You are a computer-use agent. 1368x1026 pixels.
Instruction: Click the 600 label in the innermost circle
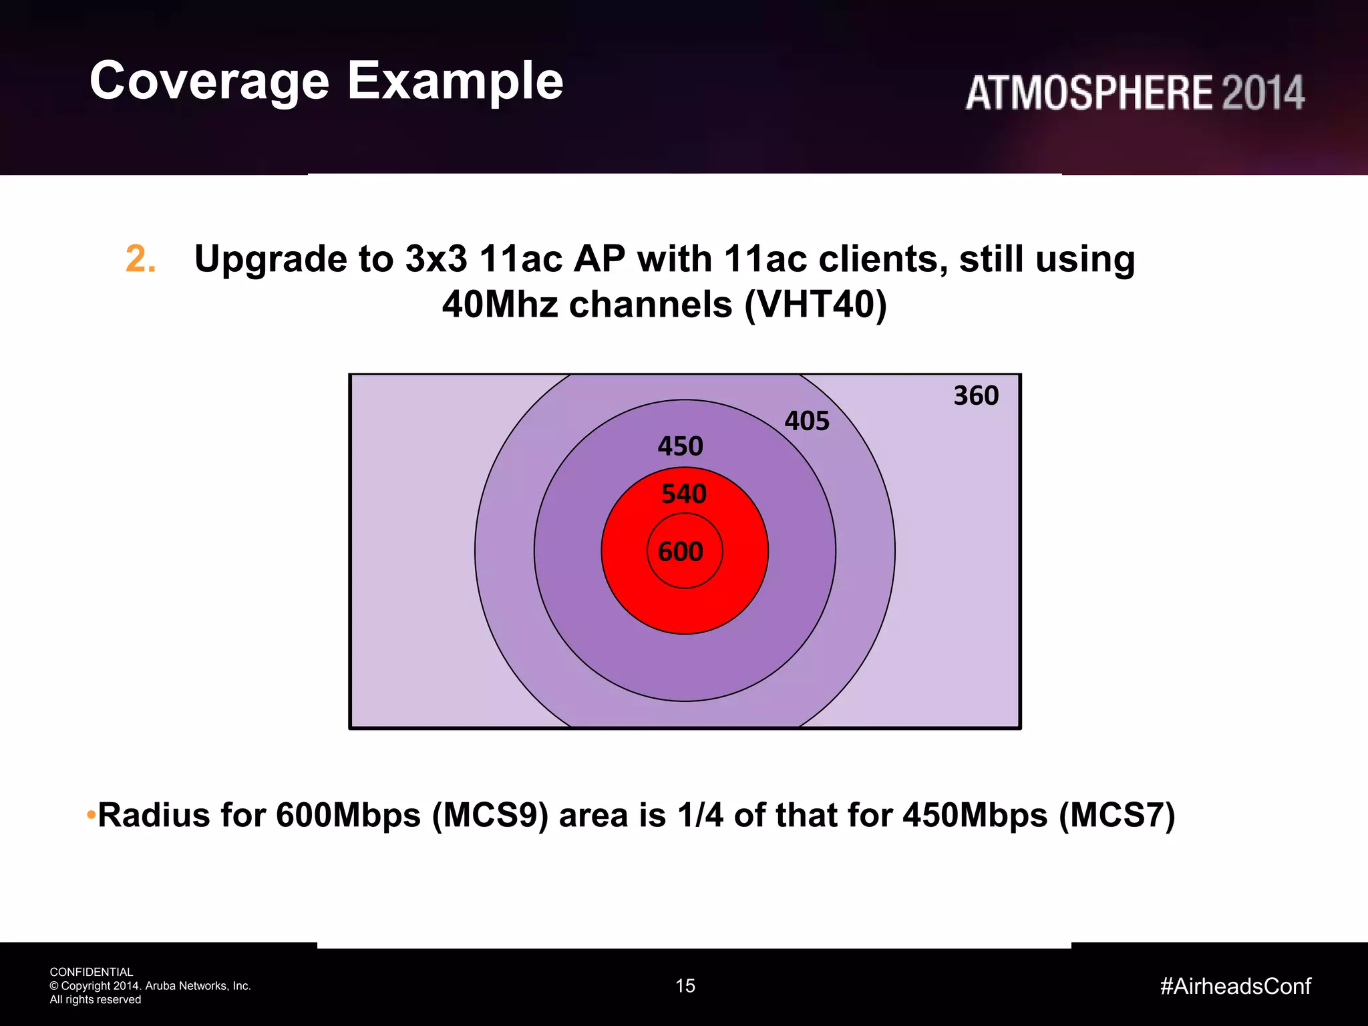[x=681, y=552]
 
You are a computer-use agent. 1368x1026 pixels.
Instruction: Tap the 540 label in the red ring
[x=683, y=494]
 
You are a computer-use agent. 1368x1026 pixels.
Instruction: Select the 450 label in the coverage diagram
[x=680, y=446]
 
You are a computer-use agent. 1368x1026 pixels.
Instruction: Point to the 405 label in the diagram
[x=807, y=421]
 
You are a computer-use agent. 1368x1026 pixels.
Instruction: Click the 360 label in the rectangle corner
[x=976, y=395]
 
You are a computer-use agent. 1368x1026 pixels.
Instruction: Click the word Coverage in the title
[x=209, y=81]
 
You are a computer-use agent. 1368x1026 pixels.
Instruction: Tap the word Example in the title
[x=455, y=81]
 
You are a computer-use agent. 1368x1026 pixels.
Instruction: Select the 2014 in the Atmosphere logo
[x=1262, y=93]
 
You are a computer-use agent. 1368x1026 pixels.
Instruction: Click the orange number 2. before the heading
[x=141, y=259]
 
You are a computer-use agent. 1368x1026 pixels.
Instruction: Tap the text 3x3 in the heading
[x=436, y=259]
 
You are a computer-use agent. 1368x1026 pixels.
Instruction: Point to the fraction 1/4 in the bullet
[x=699, y=816]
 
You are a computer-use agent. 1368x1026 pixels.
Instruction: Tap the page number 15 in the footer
[x=685, y=986]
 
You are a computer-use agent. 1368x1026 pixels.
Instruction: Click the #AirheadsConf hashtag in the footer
[x=1235, y=986]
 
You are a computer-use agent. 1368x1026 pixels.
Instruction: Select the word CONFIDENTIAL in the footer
[x=92, y=972]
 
